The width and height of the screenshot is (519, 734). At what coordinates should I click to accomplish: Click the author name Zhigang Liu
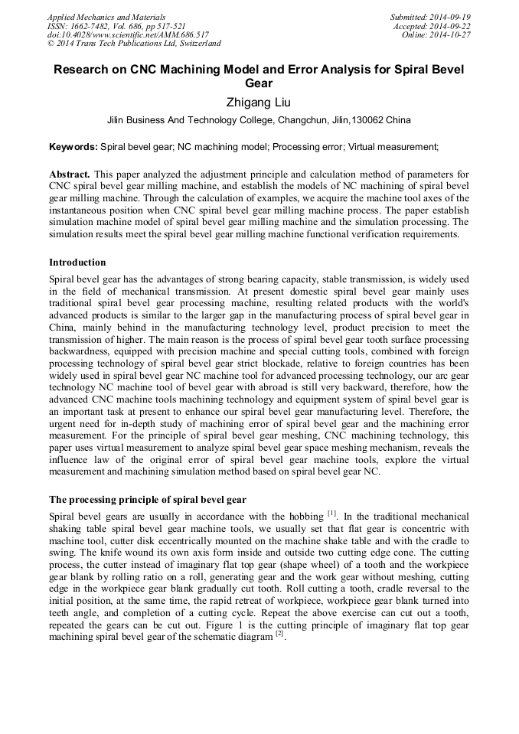259,101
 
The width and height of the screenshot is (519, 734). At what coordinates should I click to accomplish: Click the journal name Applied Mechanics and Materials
106,17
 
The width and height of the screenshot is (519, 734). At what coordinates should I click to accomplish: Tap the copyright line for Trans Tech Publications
134,44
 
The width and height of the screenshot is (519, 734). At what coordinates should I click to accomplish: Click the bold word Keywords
73,146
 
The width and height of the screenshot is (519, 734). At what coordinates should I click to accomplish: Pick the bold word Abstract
70,175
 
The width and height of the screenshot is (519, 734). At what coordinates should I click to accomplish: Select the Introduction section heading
77,263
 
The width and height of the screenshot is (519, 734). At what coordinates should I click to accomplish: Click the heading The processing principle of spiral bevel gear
147,500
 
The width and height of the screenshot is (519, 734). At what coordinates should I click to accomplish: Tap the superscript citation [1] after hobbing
332,511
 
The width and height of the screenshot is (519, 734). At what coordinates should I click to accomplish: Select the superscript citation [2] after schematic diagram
280,635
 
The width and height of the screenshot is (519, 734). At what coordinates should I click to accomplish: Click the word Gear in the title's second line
259,83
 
